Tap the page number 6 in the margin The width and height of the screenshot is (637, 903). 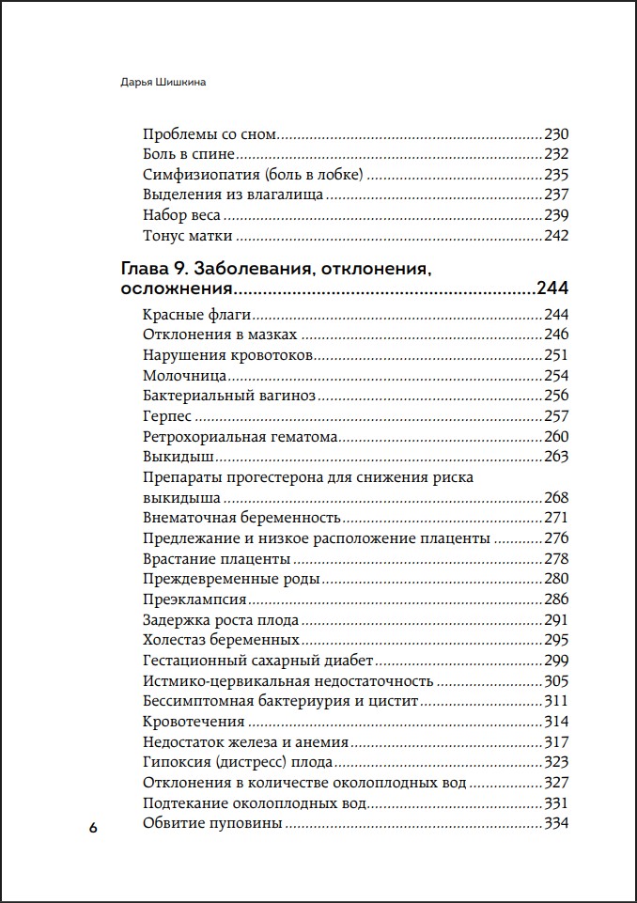coord(92,828)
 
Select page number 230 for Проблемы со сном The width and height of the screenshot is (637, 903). coord(556,133)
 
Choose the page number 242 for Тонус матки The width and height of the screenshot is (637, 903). coord(556,235)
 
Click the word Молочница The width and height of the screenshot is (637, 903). coord(184,376)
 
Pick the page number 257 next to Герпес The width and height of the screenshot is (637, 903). coord(556,416)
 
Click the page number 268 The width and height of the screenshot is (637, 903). coord(556,497)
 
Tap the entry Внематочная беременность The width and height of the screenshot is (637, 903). coord(240,518)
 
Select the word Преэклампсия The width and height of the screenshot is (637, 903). coord(194,599)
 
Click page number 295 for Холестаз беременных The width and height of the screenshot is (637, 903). coord(556,640)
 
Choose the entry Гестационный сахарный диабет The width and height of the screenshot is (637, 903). coord(258,661)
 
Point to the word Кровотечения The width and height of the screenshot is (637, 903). coord(194,722)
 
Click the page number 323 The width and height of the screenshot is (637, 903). coord(556,762)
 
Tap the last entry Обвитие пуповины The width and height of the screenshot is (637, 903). coord(212,824)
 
